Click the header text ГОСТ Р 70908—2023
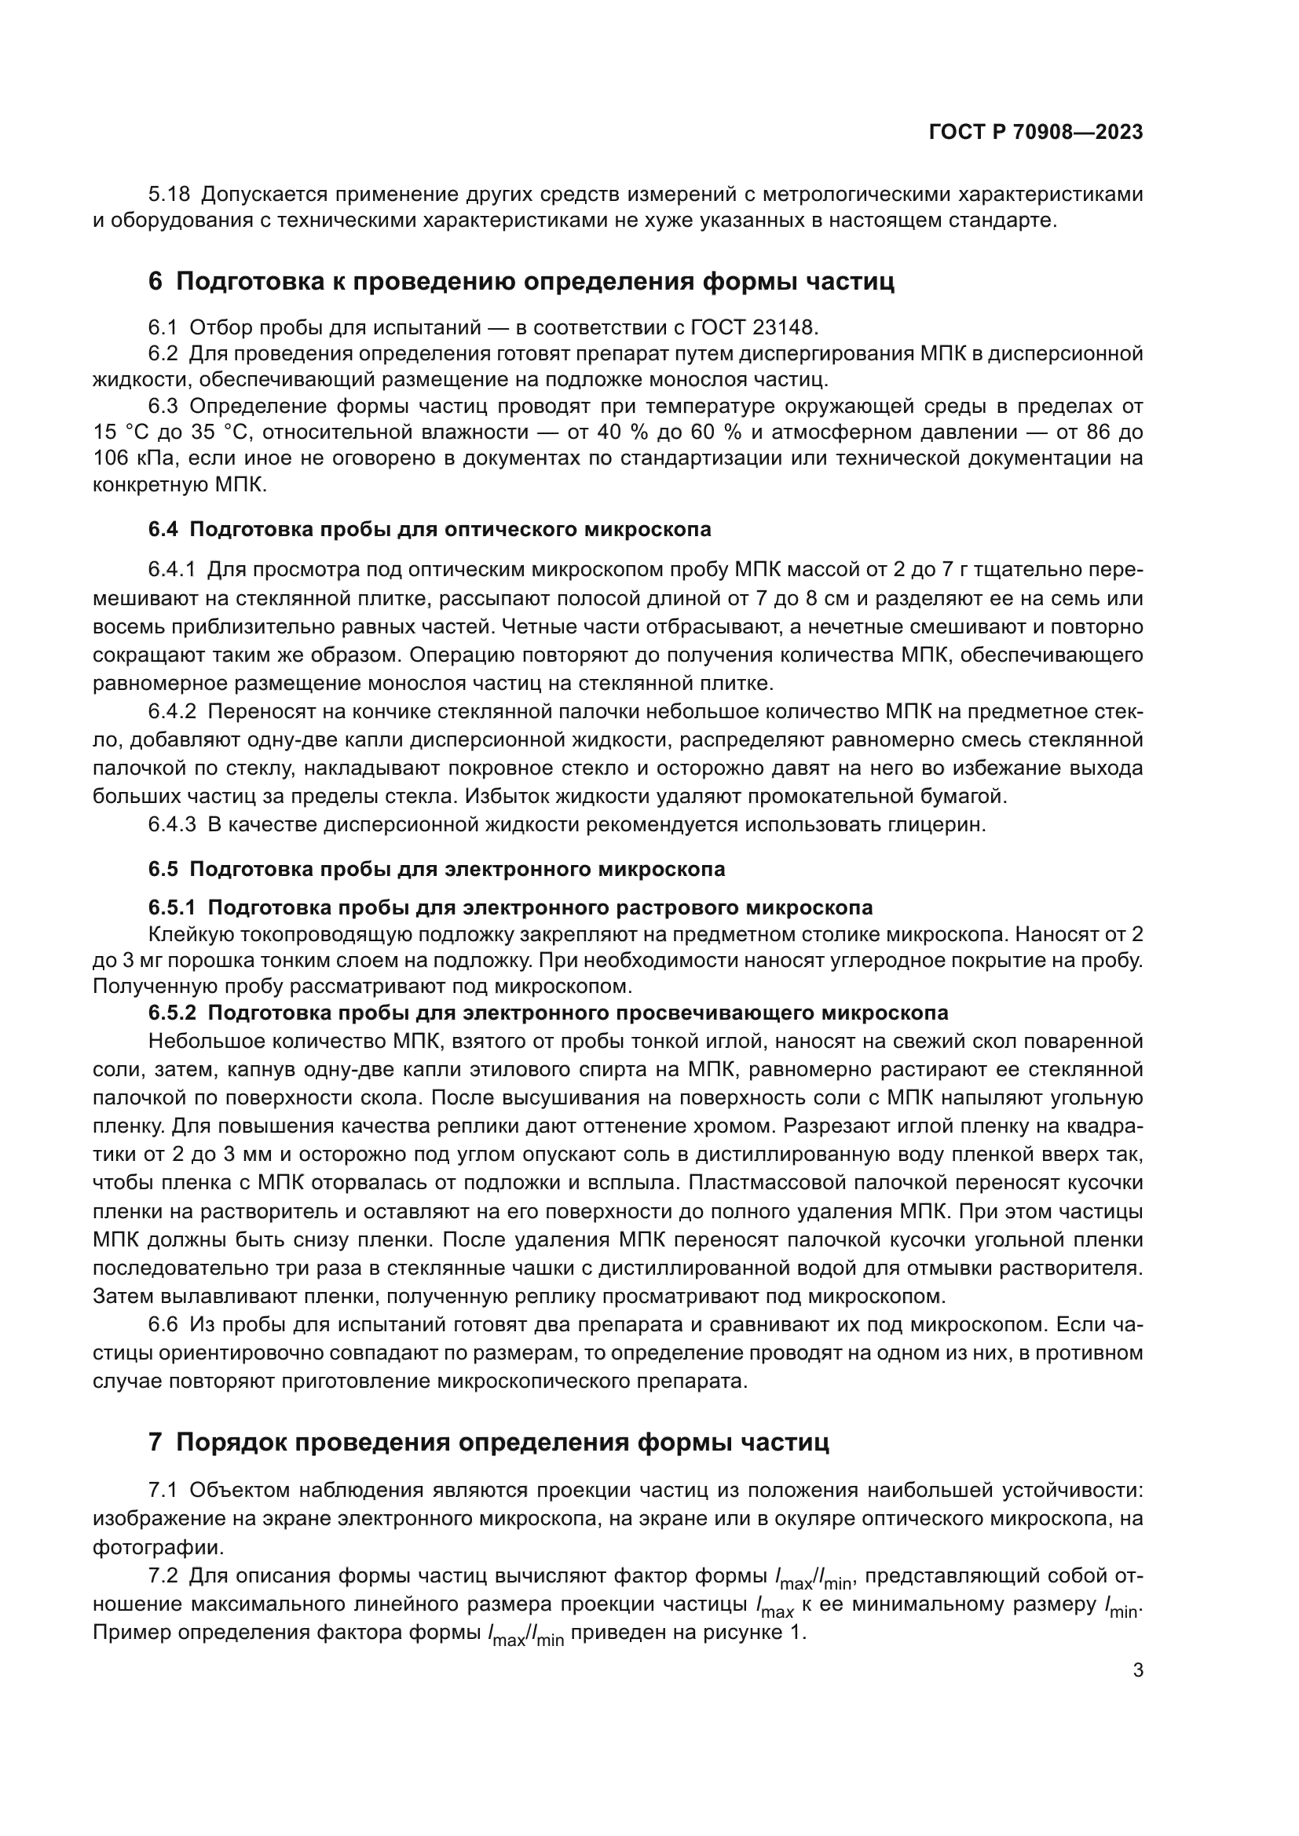click(x=1035, y=132)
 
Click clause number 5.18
click(x=169, y=195)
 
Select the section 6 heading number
click(x=156, y=282)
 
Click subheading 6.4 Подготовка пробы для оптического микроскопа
click(x=430, y=528)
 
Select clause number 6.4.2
click(x=172, y=712)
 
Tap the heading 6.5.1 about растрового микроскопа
click(x=510, y=907)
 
